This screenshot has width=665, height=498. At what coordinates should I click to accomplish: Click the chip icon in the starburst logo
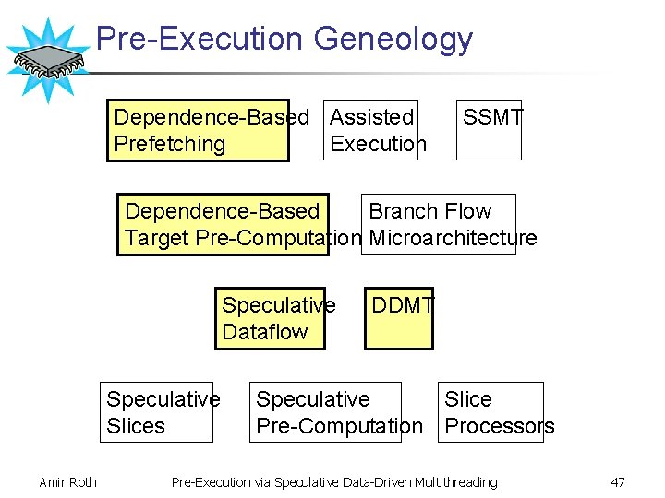(47, 60)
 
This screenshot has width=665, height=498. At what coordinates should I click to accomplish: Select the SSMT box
(490, 129)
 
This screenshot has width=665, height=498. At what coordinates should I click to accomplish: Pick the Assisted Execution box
(370, 130)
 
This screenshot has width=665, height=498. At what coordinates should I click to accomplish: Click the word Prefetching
(169, 144)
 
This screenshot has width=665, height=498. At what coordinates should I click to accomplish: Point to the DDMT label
(402, 305)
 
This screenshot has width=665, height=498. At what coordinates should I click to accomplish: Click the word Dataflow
(265, 332)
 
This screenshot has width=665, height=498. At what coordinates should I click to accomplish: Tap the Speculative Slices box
(156, 412)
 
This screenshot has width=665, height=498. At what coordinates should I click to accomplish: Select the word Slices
(136, 426)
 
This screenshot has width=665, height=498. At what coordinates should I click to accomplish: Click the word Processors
(500, 426)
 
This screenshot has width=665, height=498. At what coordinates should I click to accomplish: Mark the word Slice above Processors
(467, 399)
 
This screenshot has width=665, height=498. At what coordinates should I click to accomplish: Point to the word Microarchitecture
(453, 238)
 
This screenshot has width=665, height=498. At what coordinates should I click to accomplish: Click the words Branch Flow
(429, 211)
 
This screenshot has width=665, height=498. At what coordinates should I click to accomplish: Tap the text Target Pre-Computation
(243, 238)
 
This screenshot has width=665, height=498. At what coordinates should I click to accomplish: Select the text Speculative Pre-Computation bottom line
(339, 426)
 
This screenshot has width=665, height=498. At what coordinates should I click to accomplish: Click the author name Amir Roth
(67, 482)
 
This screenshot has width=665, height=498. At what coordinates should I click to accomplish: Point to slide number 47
(618, 482)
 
